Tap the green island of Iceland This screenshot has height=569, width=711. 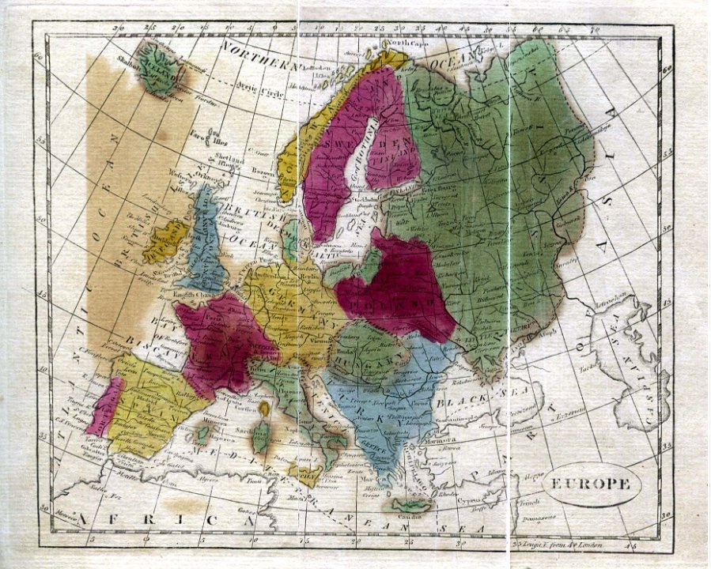tap(161, 69)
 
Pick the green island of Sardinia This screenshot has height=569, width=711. tap(260, 435)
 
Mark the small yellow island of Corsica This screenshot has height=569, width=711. tap(265, 409)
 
